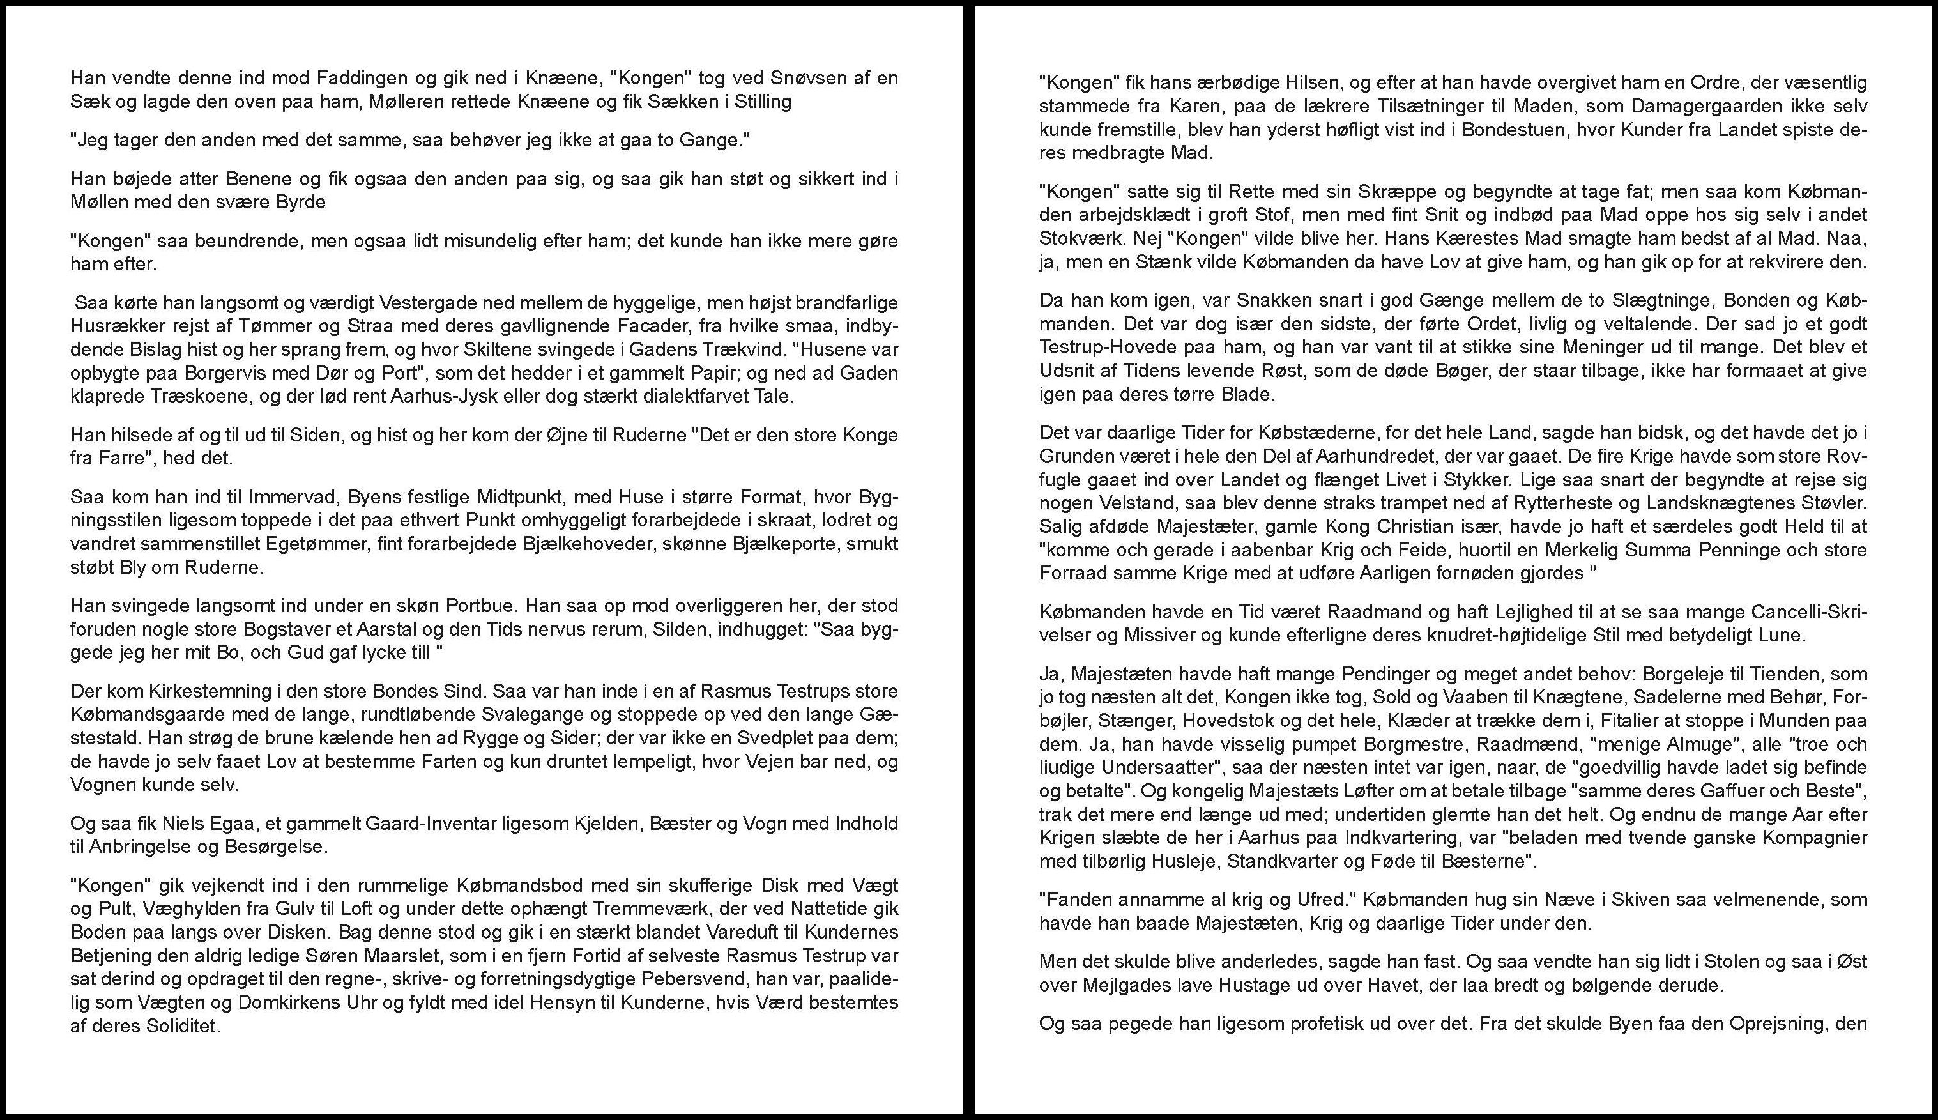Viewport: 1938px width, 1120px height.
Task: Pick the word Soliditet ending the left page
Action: (x=184, y=1026)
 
